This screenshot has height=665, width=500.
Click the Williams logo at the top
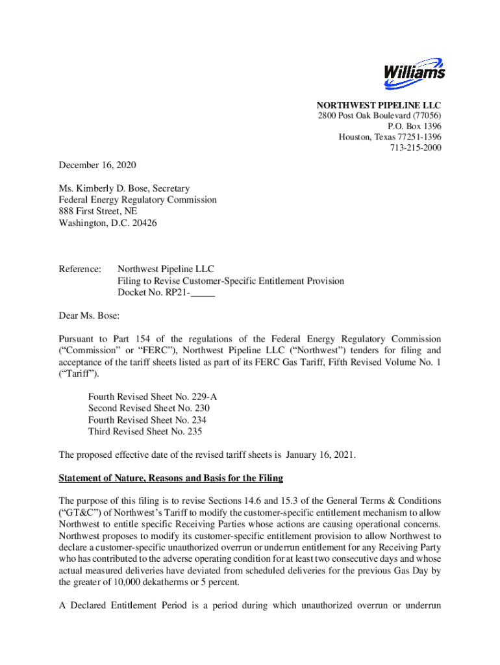414,71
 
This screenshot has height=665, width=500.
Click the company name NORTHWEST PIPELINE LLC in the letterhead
379,106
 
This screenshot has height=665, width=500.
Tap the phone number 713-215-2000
415,147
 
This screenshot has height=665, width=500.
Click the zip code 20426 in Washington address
144,223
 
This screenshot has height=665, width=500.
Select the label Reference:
80,269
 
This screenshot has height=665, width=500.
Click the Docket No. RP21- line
166,293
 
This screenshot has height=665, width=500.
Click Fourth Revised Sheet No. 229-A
147,397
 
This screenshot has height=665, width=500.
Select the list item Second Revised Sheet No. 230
149,408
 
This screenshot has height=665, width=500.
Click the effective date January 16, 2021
319,455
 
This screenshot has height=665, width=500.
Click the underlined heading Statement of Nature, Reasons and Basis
171,479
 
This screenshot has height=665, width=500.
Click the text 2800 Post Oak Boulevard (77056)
379,116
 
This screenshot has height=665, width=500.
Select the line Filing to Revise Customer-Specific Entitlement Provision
231,281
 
